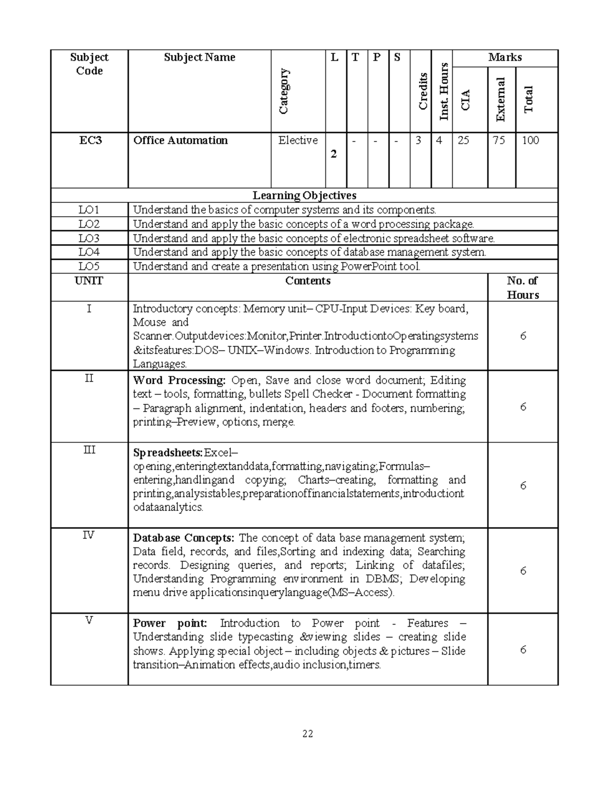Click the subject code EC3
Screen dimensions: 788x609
90,141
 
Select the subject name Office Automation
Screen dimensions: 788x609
180,141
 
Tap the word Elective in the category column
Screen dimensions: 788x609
298,141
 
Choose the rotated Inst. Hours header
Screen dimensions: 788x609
444,91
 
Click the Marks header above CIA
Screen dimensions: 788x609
504,57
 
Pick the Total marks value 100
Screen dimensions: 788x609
530,141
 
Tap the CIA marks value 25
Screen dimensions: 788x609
463,141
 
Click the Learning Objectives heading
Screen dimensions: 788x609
304,195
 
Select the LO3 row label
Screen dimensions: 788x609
89,238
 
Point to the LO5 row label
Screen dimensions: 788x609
89,266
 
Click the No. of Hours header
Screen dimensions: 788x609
523,288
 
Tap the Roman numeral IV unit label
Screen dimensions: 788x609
89,535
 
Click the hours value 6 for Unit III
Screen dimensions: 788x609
523,486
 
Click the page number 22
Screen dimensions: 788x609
308,734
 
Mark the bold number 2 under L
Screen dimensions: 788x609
333,154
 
